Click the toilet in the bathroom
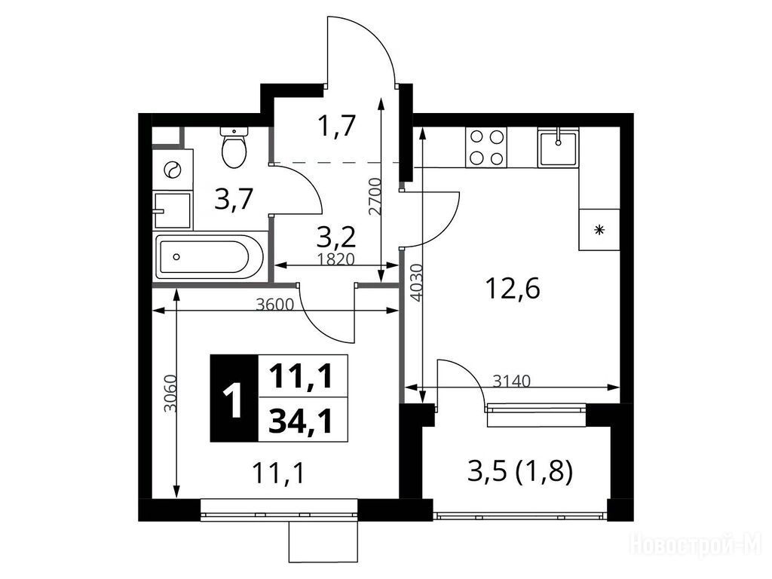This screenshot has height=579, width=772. (x=234, y=147)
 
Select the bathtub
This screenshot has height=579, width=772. (x=210, y=256)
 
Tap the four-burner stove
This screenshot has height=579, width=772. (x=486, y=147)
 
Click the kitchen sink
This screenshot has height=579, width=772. (x=558, y=147)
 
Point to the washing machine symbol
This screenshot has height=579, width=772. (x=173, y=170)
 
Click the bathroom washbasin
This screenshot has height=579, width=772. (x=172, y=211)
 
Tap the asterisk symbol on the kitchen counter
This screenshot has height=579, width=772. (x=599, y=229)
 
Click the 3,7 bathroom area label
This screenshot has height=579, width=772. (x=234, y=200)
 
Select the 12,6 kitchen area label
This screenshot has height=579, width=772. (x=513, y=289)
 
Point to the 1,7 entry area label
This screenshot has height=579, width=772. (x=337, y=126)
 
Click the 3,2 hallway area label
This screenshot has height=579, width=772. (x=335, y=238)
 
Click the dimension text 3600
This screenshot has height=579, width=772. (x=274, y=305)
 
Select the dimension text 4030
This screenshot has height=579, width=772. (x=416, y=283)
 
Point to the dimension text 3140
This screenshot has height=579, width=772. (x=512, y=381)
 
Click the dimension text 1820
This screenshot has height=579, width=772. (x=335, y=259)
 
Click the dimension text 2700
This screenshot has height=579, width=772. (x=375, y=197)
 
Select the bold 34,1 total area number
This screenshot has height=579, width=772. (x=301, y=421)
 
